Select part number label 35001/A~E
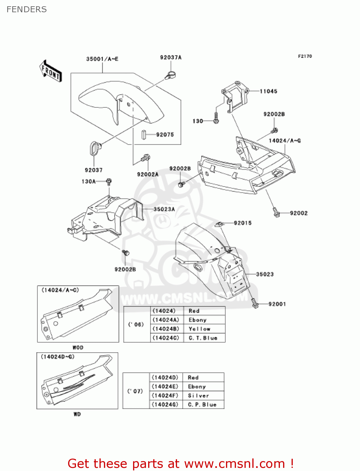(x=102, y=59)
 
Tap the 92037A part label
(x=171, y=57)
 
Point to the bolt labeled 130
(x=216, y=119)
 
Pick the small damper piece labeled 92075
(x=144, y=135)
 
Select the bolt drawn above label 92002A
(x=146, y=158)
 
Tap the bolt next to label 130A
(x=109, y=181)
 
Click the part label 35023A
(x=164, y=209)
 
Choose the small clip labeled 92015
(x=219, y=224)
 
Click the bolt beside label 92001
(x=255, y=303)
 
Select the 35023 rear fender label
(x=265, y=274)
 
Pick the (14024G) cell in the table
(x=165, y=405)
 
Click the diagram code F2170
(x=305, y=56)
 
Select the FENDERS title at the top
(x=27, y=9)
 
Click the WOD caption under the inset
(x=78, y=348)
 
